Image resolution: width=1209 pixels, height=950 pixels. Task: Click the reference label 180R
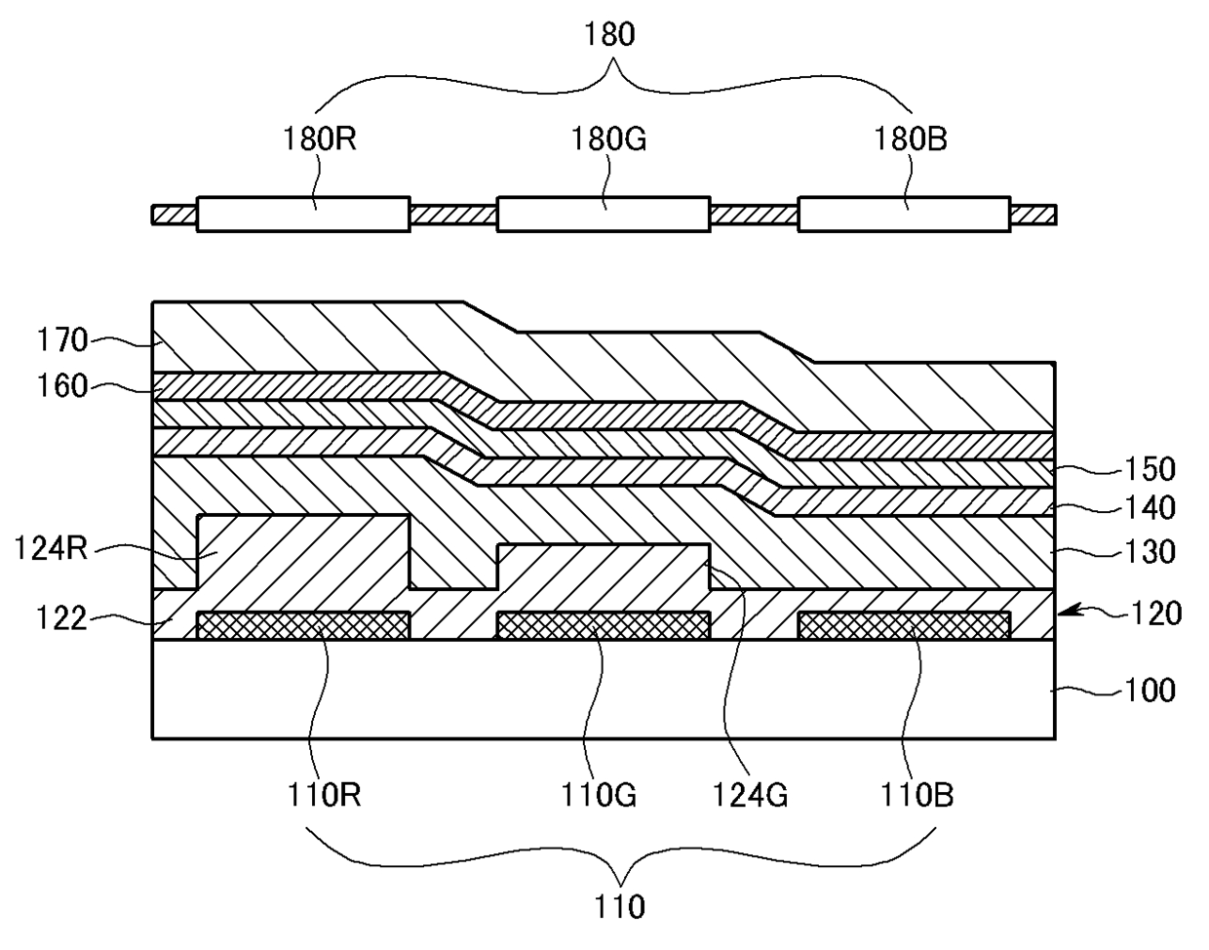tap(319, 139)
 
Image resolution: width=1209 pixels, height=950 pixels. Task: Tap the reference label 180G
tap(609, 139)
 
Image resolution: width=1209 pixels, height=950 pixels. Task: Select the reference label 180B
tap(910, 139)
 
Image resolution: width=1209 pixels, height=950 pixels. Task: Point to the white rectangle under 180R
tap(302, 214)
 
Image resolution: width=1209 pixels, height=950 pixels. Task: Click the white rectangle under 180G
tap(603, 214)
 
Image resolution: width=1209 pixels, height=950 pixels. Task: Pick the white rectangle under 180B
tap(903, 214)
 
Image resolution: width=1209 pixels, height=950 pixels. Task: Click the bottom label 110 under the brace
tap(621, 907)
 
